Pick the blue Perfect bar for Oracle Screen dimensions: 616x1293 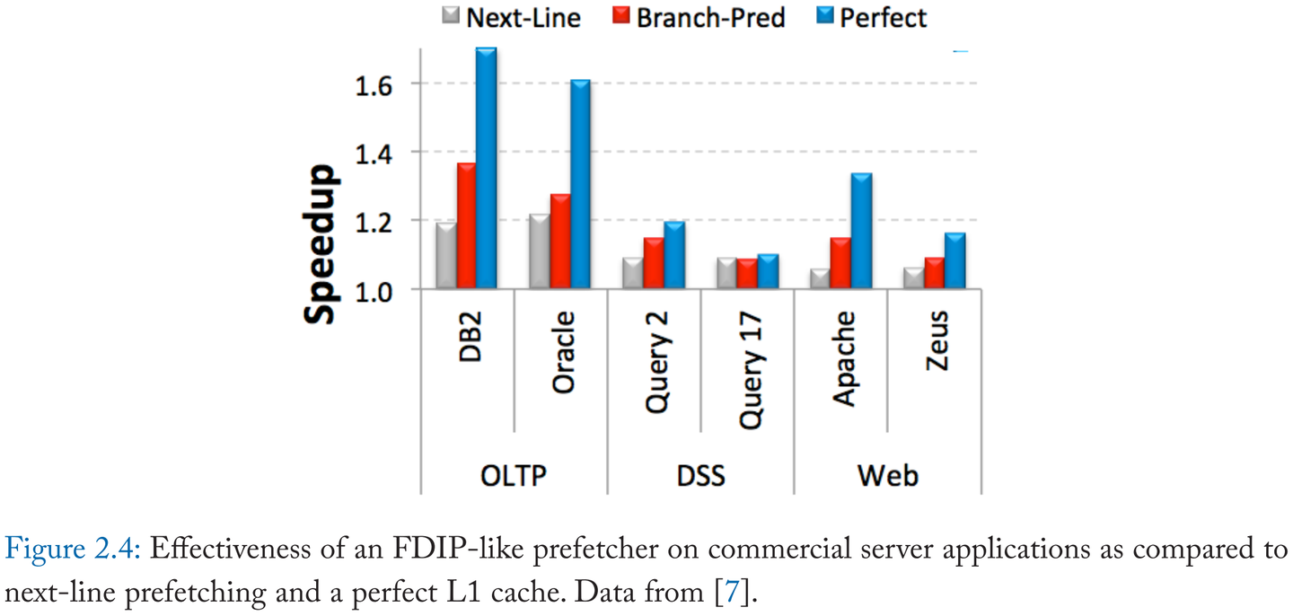click(580, 185)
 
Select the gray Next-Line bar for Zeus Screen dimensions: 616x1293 click(913, 278)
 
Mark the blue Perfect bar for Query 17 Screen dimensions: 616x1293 click(767, 271)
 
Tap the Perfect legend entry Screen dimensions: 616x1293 click(872, 17)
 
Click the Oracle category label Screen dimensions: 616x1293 click(564, 365)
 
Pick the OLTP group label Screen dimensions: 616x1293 click(514, 474)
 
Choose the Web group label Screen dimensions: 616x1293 click(887, 474)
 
